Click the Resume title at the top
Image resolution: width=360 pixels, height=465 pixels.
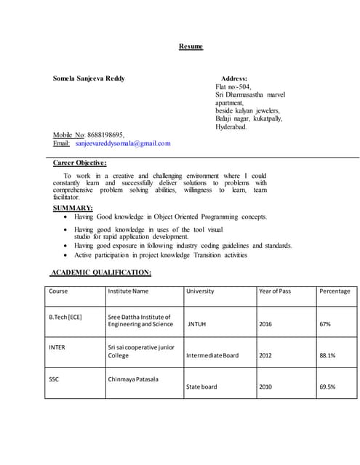tap(191, 46)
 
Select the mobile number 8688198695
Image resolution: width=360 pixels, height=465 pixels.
tap(105, 134)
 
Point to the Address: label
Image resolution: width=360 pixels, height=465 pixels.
tap(233, 78)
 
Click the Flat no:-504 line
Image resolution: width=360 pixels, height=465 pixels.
tap(233, 86)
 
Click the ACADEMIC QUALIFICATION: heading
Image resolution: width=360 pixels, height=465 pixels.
tap(100, 272)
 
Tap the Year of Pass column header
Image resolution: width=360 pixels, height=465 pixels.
tap(275, 291)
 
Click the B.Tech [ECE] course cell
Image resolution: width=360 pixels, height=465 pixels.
tap(65, 317)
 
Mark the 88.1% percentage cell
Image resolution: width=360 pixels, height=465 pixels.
tap(327, 356)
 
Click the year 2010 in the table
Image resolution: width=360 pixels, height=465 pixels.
tap(266, 387)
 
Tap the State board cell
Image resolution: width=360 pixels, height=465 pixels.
tap(201, 387)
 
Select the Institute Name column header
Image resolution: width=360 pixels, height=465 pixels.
tap(128, 291)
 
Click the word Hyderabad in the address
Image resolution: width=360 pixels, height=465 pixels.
tap(231, 126)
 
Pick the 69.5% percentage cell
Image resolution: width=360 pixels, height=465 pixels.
tap(327, 387)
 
